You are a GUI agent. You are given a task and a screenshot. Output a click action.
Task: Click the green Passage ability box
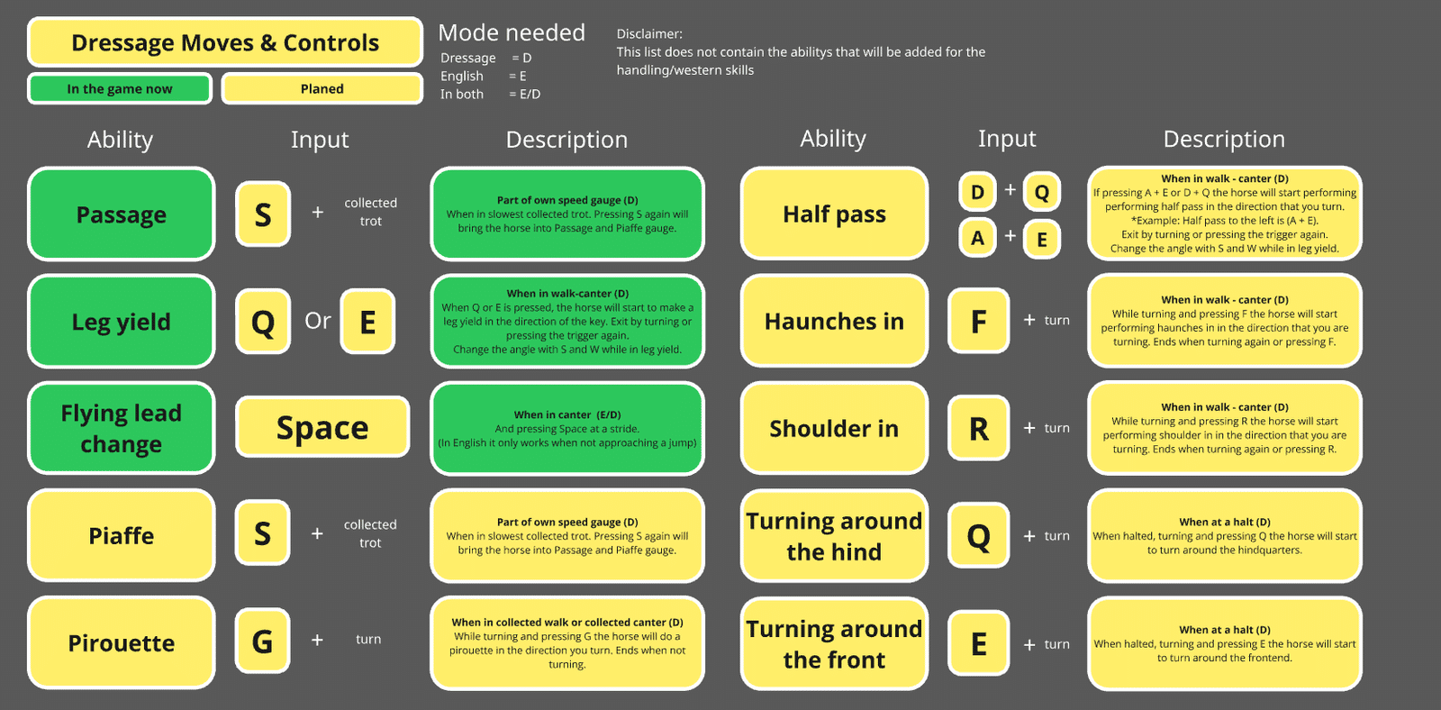[121, 214]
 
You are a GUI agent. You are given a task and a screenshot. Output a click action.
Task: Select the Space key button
[322, 427]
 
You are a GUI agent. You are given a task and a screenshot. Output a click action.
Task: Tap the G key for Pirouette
[262, 642]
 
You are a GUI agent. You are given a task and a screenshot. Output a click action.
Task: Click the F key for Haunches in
[978, 321]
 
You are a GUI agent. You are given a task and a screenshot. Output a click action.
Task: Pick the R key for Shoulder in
[978, 428]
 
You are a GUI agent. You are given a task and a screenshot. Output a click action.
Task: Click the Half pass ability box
[834, 213]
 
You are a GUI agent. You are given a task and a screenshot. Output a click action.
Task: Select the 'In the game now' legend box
[120, 88]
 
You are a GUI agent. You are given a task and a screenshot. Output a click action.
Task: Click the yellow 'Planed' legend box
[322, 88]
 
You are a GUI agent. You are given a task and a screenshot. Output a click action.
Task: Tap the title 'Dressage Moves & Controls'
[225, 41]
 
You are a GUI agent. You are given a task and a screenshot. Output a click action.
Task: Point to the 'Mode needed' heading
[512, 32]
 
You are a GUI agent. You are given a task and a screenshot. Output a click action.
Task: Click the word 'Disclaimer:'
[649, 33]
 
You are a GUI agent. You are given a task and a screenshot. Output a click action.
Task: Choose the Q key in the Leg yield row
[262, 321]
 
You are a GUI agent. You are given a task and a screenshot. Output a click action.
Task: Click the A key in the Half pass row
[977, 238]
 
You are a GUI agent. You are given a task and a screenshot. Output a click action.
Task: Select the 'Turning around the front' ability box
[834, 643]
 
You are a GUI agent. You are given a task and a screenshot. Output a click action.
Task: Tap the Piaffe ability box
[121, 535]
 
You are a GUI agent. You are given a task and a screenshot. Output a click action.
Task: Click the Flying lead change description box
[566, 428]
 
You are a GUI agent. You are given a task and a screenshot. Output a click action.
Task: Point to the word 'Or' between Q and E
[318, 320]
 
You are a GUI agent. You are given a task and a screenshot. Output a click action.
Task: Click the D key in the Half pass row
[977, 191]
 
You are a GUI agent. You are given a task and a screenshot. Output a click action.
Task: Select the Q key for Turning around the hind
[978, 535]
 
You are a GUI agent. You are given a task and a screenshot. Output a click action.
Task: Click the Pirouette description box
[566, 642]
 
